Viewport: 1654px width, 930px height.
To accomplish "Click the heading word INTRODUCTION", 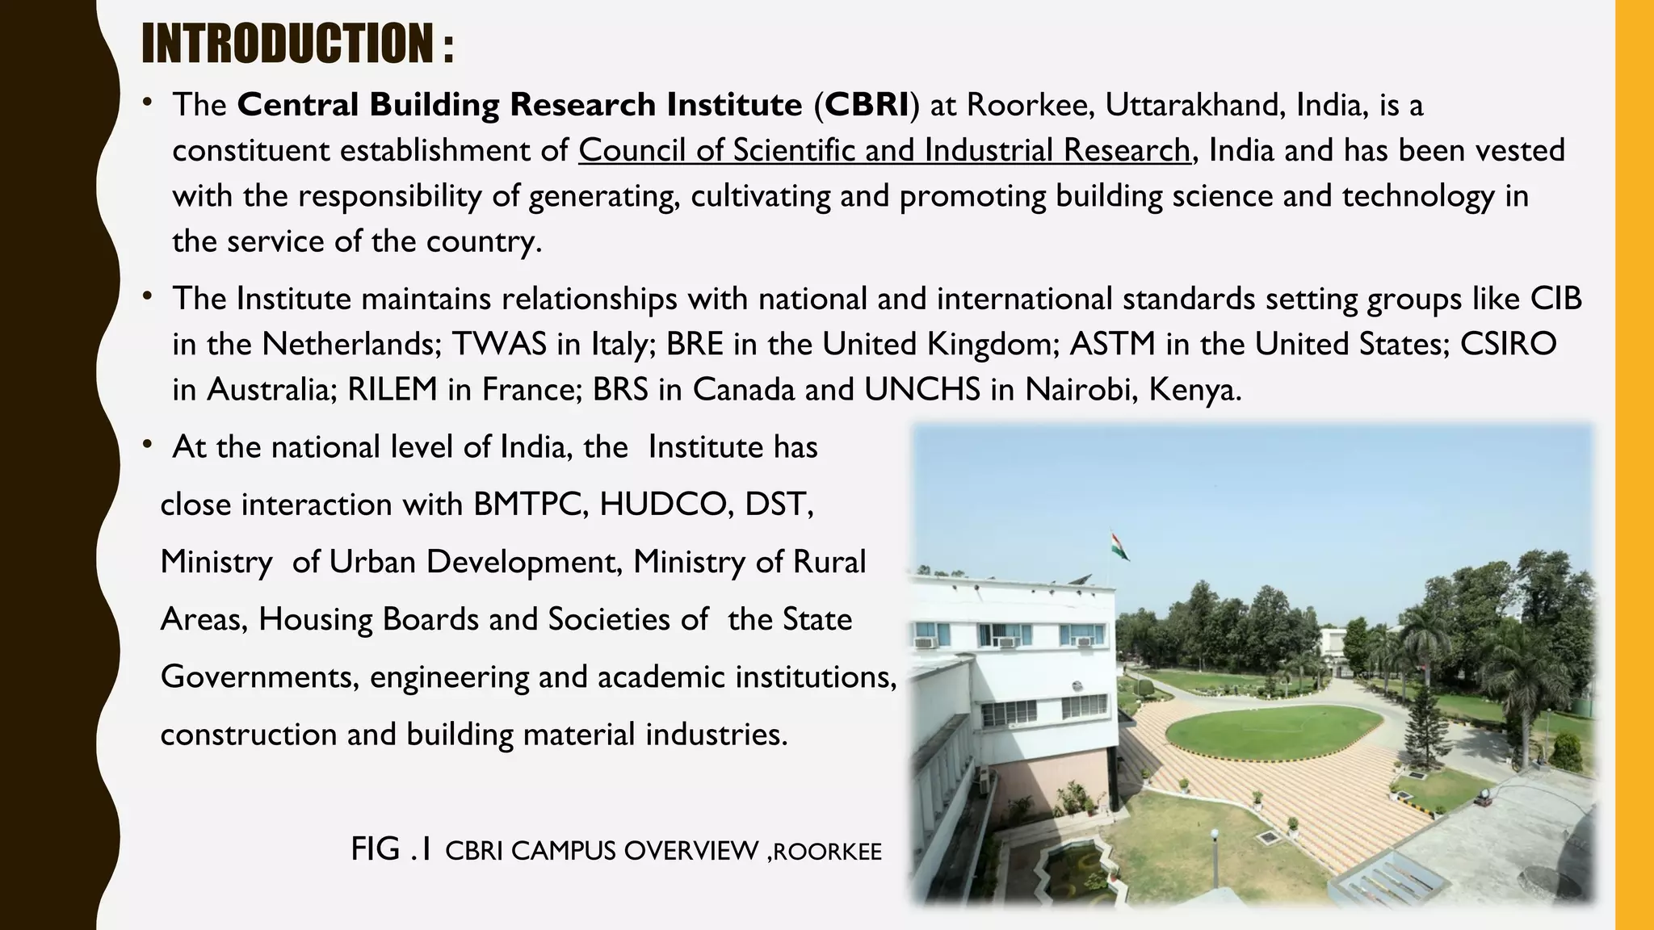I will (x=288, y=44).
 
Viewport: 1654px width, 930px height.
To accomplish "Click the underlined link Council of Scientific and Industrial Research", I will (x=884, y=151).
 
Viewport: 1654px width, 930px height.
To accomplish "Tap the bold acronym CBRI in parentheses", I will (x=867, y=105).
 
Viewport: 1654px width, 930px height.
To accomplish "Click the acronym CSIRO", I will (x=1508, y=345).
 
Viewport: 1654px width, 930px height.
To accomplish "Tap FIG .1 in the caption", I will (x=392, y=849).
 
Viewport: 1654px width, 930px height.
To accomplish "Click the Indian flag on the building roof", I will (x=1119, y=545).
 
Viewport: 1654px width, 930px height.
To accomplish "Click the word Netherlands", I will (x=351, y=345).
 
